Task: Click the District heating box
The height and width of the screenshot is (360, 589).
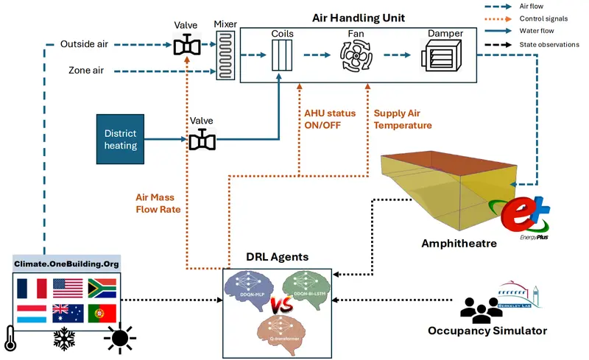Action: click(121, 139)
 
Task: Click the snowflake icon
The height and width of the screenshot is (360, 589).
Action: click(65, 339)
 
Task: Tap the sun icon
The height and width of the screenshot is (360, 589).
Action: click(118, 339)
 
